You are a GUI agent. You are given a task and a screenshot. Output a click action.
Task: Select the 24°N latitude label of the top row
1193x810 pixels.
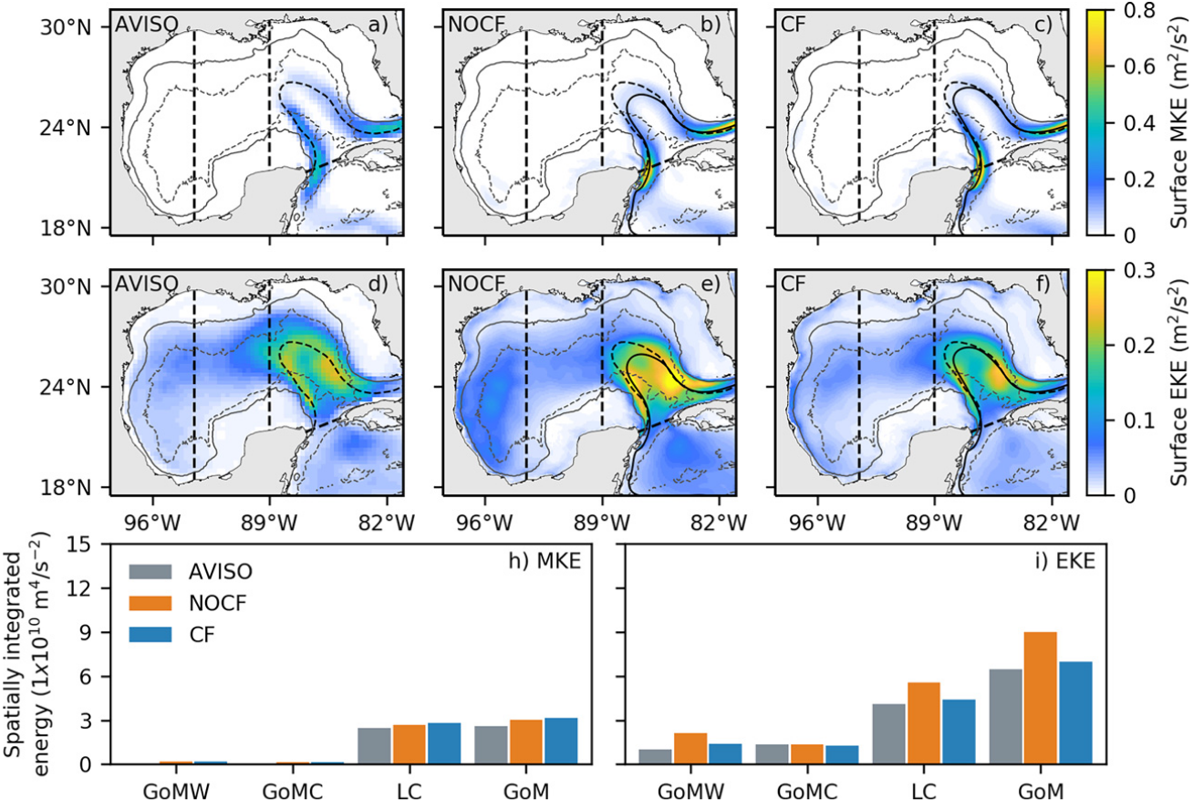pos(76,128)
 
